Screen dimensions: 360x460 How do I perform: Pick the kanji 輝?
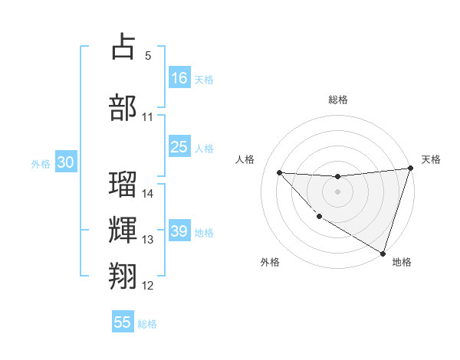(123, 229)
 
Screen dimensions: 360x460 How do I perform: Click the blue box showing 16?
(179, 77)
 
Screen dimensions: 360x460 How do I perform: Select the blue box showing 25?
(179, 147)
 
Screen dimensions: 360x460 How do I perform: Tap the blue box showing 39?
(179, 231)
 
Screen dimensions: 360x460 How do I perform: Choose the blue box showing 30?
(65, 162)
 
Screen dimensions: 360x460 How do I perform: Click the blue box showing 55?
(123, 322)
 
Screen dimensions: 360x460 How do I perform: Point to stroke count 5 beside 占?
(148, 56)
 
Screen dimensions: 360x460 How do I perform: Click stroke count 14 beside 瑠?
(148, 194)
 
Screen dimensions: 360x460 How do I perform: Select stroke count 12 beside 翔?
(148, 286)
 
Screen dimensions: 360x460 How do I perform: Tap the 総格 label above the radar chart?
(337, 100)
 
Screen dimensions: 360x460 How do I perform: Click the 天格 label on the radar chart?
(432, 159)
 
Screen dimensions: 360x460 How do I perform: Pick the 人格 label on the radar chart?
(245, 159)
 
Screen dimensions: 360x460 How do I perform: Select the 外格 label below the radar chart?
(270, 262)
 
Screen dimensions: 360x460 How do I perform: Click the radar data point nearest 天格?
(410, 169)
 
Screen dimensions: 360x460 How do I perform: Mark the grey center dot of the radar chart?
(337, 191)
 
